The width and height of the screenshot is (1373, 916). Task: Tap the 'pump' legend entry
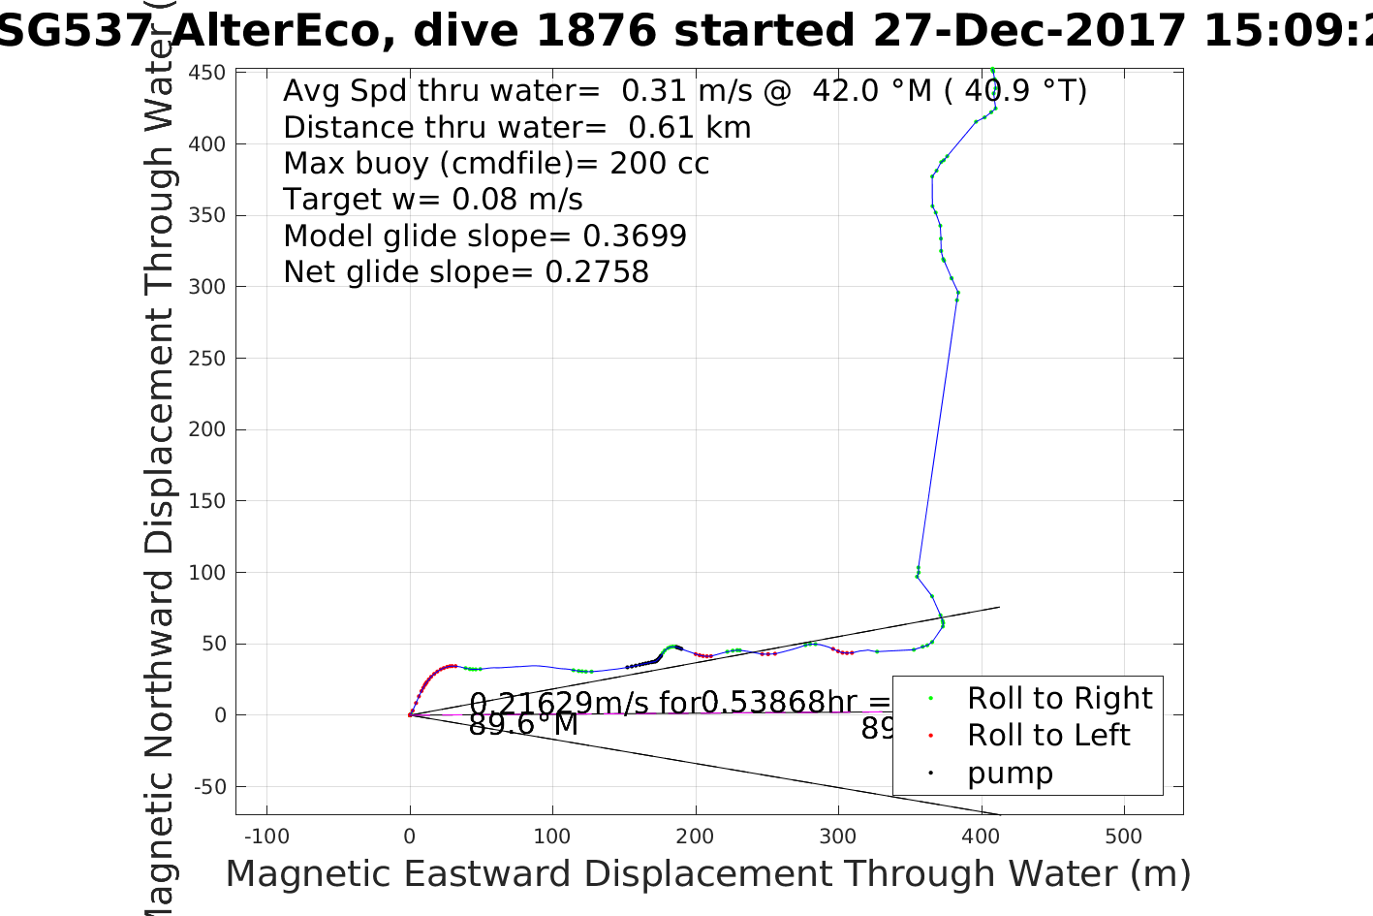tap(1009, 774)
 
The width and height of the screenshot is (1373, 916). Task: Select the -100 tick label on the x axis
tap(266, 837)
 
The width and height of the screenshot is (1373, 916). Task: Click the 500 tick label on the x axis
tap(1124, 837)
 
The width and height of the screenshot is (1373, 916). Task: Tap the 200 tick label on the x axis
tap(696, 837)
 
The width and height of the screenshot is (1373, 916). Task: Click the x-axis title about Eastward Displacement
tap(707, 874)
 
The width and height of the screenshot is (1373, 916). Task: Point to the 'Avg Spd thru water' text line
tap(684, 91)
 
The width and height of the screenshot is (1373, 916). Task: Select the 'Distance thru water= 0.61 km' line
tap(516, 128)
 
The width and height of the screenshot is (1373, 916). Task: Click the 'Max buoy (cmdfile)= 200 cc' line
tap(496, 164)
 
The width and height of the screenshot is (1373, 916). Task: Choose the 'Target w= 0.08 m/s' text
tap(433, 200)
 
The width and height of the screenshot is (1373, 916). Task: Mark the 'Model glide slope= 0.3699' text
tap(484, 237)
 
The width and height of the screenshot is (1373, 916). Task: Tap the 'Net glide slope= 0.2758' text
tap(466, 272)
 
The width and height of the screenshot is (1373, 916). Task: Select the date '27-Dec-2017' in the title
tap(1029, 31)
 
